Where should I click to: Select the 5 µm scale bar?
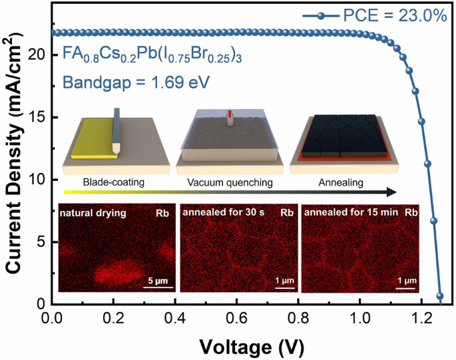click(x=159, y=288)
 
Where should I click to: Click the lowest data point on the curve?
click(x=439, y=296)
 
